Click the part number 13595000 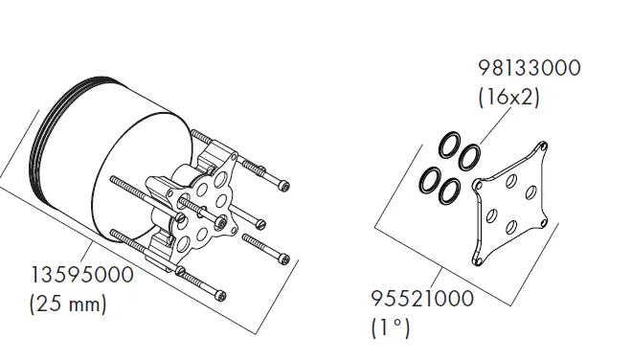pyautogui.click(x=82, y=275)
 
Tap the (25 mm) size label pyautogui.click(x=68, y=304)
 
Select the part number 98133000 pyautogui.click(x=530, y=68)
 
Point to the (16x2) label pyautogui.click(x=508, y=97)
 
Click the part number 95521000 pyautogui.click(x=422, y=299)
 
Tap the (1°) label pyautogui.click(x=390, y=327)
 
